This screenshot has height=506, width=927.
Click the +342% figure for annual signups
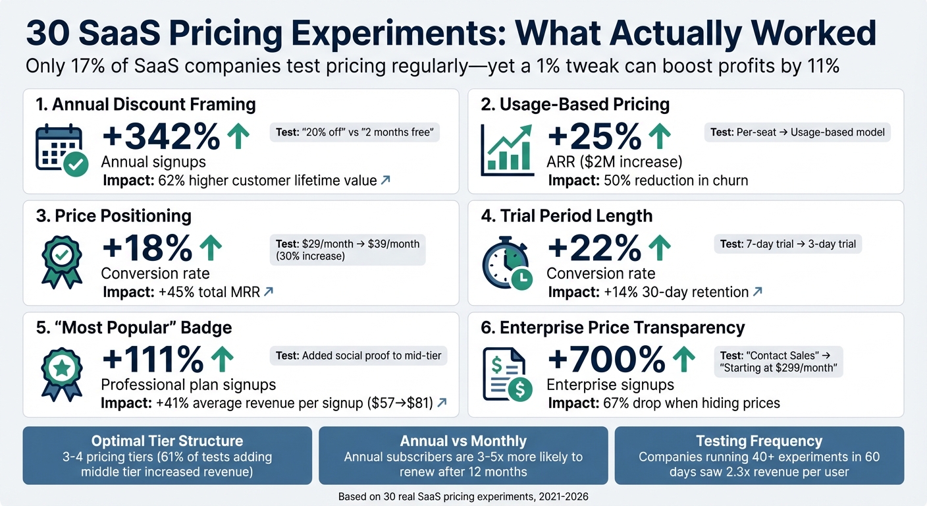tap(161, 137)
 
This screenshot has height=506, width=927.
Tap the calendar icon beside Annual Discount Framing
tap(59, 150)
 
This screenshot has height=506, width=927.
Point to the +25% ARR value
tap(594, 137)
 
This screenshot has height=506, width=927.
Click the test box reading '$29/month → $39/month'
tap(348, 250)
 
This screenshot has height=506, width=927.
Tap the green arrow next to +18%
tap(211, 248)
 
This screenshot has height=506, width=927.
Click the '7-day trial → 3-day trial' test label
tap(787, 244)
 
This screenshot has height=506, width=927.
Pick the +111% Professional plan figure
tap(153, 360)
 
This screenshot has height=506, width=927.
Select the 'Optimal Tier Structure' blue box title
tap(167, 441)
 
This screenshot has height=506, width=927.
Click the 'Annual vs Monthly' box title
tap(463, 441)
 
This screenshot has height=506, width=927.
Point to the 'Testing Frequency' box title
tap(759, 441)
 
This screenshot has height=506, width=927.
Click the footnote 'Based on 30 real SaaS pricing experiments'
tap(463, 496)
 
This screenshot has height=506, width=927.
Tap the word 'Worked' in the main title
tap(797, 33)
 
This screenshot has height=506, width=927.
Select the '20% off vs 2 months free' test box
tap(355, 132)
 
